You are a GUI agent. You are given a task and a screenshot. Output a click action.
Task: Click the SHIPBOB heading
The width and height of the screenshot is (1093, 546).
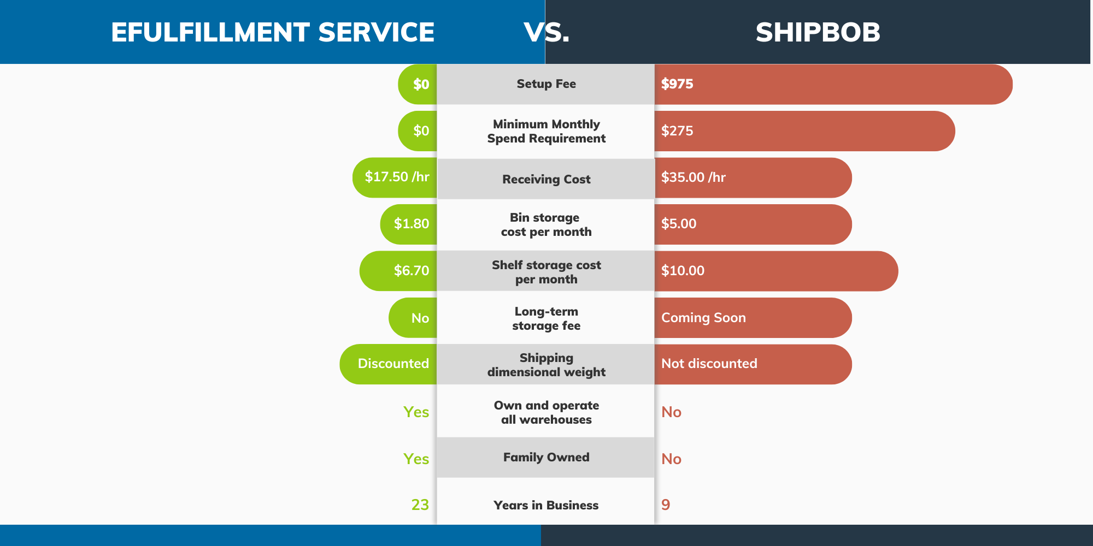[818, 32]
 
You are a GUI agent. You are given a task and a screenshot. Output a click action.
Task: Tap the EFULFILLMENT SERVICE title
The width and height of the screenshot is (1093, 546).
[273, 32]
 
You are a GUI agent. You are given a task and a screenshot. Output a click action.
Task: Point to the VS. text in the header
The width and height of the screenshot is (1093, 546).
[546, 32]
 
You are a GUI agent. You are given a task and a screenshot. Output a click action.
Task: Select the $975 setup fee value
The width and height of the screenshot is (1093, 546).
[677, 84]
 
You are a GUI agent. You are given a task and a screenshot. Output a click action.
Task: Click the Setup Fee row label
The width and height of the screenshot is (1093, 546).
[546, 84]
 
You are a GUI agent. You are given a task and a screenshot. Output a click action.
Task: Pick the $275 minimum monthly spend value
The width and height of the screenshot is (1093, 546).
[677, 130]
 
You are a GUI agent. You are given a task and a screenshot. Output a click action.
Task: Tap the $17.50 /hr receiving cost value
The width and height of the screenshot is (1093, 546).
[397, 177]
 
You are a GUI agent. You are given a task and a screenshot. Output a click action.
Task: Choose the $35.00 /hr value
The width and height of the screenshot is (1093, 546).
[694, 177]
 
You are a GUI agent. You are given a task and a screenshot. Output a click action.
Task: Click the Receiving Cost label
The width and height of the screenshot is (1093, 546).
[546, 179]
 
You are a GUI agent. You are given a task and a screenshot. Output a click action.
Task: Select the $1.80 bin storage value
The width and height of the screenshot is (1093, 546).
[412, 223]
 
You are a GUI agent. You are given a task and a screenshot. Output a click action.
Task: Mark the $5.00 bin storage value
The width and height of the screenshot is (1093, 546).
[679, 223]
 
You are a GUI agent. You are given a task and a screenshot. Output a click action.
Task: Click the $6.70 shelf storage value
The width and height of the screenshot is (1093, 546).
[412, 270]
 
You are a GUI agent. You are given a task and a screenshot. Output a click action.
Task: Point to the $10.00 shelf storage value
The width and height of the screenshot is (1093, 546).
[683, 270]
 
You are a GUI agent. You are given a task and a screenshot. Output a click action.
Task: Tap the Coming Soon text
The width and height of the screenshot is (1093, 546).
[703, 317]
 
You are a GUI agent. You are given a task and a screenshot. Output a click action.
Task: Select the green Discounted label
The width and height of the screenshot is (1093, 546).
[393, 363]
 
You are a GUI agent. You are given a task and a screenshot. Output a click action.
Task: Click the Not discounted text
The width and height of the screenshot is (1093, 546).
[709, 363]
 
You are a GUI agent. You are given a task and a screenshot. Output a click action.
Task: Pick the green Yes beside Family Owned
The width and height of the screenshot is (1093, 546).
[416, 459]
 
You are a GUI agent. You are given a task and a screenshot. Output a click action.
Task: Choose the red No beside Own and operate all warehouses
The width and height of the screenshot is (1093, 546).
[671, 412]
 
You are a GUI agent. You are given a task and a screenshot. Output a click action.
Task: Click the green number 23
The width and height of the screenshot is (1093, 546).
[420, 505]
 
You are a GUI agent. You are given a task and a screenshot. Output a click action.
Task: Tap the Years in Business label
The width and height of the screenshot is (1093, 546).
[546, 505]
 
